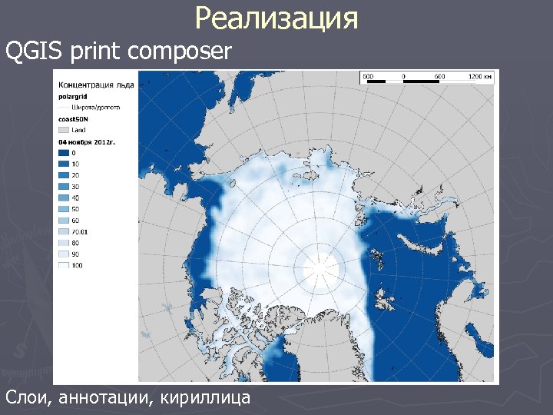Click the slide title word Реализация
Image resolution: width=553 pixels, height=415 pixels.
click(276, 18)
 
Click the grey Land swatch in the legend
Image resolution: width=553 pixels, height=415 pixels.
click(64, 131)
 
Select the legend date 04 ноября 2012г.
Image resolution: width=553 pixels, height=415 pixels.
click(86, 142)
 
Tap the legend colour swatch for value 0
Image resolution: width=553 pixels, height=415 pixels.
click(64, 153)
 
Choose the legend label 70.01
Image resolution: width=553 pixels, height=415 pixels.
click(81, 231)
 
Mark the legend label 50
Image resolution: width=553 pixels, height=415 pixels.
click(76, 208)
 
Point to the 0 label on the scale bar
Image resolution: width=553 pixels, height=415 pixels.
click(404, 76)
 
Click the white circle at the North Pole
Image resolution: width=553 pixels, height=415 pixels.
click(320, 267)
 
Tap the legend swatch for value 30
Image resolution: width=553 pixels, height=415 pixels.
click(64, 186)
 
